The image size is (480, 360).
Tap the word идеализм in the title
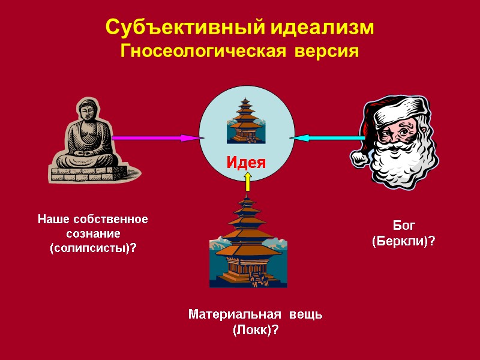point(320,28)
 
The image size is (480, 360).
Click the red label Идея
point(246,161)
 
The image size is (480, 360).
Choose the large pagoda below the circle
point(247,246)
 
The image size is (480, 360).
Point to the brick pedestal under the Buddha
point(82,174)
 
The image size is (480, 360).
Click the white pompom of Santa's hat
point(359,157)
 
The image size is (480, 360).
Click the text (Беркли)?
point(404,241)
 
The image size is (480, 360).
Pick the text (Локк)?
point(256,330)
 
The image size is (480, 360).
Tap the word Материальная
point(234,314)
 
